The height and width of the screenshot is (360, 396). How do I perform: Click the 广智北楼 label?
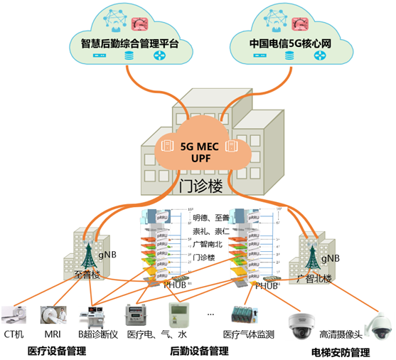point(315,278)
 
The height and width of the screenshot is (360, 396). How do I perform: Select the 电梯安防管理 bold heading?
point(341,351)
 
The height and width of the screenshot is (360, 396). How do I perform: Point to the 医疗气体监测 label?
point(246,334)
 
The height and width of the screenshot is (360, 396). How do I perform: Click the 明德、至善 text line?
point(211,218)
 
